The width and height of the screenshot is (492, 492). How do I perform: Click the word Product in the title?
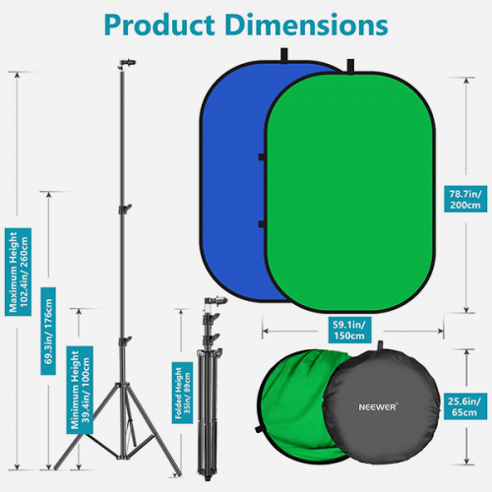(159, 25)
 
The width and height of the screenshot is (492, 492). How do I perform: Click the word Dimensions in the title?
(307, 25)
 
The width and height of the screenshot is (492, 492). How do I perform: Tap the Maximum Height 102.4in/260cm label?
(18, 272)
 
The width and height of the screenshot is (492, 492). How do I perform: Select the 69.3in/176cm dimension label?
(48, 331)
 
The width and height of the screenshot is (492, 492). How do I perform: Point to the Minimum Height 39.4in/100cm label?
(80, 390)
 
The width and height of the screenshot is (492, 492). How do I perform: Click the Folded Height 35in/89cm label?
(182, 393)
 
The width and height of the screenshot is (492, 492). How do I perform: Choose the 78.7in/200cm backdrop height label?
(465, 199)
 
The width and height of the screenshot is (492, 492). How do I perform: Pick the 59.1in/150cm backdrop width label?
(349, 330)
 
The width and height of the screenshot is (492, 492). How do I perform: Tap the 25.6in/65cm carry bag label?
(465, 406)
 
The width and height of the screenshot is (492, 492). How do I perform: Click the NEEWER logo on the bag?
(378, 407)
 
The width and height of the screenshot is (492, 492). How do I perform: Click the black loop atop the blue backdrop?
(284, 55)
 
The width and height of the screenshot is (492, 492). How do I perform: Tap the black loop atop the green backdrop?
(350, 66)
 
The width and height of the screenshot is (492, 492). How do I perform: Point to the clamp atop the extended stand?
(127, 63)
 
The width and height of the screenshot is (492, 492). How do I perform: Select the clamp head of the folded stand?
(215, 301)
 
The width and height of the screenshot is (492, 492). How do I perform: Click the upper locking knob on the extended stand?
(126, 209)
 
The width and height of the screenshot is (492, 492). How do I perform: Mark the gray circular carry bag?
(381, 406)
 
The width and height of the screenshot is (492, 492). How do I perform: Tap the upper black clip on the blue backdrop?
(262, 156)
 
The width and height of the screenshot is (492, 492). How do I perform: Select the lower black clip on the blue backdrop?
(262, 224)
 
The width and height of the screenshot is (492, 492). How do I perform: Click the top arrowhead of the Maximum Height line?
(18, 74)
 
